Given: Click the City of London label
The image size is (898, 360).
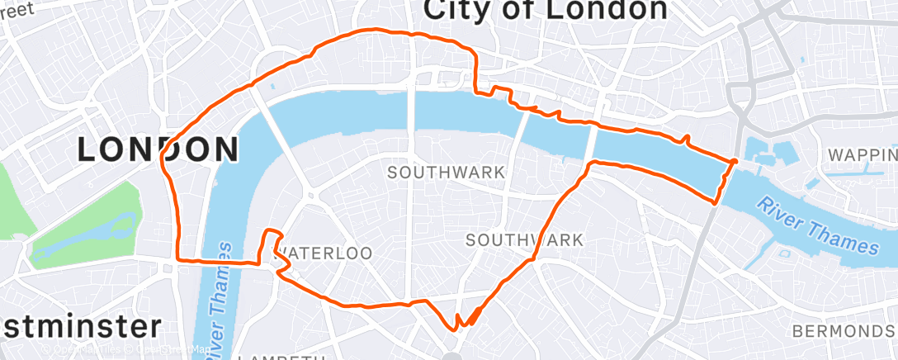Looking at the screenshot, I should tap(546, 10).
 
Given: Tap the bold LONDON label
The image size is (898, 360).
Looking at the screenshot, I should tap(158, 149).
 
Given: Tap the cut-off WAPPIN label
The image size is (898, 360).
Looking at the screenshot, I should tap(863, 154).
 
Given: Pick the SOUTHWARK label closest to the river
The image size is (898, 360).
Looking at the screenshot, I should tap(446, 173).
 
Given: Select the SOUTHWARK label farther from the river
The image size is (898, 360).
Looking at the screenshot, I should tap(525, 240).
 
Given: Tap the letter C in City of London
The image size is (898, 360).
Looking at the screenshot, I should tap(437, 10).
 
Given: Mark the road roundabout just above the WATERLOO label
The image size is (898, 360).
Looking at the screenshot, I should tap(311, 196).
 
